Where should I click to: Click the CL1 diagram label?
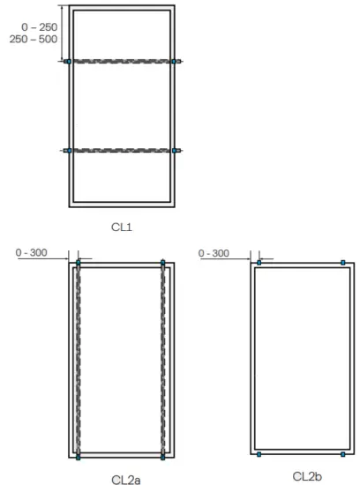coord(121,228)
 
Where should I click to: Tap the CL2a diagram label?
coord(124,479)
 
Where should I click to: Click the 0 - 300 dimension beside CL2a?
coord(32,253)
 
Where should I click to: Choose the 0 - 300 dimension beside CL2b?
coord(214,253)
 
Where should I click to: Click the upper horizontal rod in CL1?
coord(122,62)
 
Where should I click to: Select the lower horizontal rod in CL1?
coord(122,151)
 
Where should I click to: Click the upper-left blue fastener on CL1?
coord(67,62)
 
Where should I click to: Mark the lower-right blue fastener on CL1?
coord(176,151)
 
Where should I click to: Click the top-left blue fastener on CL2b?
coord(259,263)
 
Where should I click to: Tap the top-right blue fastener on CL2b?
coord(343,263)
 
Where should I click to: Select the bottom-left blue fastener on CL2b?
coord(259,455)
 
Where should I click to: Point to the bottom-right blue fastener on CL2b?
coord(343,455)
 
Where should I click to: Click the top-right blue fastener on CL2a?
coord(163,263)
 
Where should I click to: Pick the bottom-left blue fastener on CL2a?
coord(79,458)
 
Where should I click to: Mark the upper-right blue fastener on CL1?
coord(176,62)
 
